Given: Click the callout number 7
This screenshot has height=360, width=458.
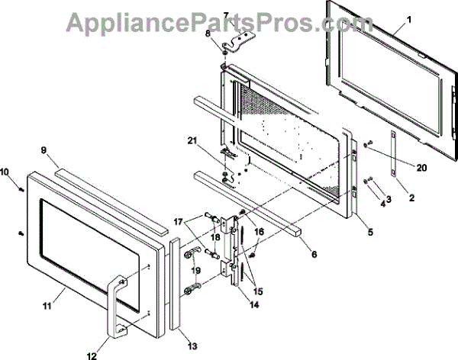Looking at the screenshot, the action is tap(225, 15).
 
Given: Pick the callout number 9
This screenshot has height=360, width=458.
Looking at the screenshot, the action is tap(44, 151).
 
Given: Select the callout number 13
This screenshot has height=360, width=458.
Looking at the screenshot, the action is tap(192, 346).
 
